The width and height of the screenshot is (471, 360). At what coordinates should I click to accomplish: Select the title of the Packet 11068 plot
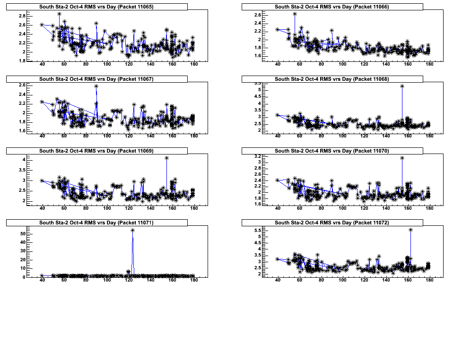tap(331, 79)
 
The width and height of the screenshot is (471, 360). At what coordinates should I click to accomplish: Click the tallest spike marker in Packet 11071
tap(132, 231)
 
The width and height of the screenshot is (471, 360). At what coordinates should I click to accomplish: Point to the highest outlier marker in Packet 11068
tap(402, 86)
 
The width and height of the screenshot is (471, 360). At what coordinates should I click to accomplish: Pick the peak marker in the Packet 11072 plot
tap(410, 230)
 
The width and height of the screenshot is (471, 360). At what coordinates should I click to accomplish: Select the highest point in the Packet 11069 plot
tap(166, 158)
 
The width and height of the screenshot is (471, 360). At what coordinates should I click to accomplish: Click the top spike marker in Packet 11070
tap(402, 158)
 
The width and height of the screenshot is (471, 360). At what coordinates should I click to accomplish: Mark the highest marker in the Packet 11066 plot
tap(295, 14)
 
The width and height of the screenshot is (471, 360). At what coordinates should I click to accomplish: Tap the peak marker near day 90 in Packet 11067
tap(96, 86)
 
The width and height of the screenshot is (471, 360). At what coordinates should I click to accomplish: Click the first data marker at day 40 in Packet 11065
tap(42, 25)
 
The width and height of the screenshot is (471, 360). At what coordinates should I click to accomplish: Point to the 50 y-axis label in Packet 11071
tap(22, 233)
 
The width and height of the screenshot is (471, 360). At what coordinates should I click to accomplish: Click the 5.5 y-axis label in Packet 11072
tap(258, 231)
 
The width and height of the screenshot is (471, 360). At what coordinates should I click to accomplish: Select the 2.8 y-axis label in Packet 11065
tap(22, 16)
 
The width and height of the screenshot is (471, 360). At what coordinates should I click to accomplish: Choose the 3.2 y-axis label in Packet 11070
tap(258, 156)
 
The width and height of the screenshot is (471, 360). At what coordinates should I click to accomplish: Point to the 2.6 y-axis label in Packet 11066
tap(258, 15)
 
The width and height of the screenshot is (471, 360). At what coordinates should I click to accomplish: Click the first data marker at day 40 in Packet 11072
tap(278, 259)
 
